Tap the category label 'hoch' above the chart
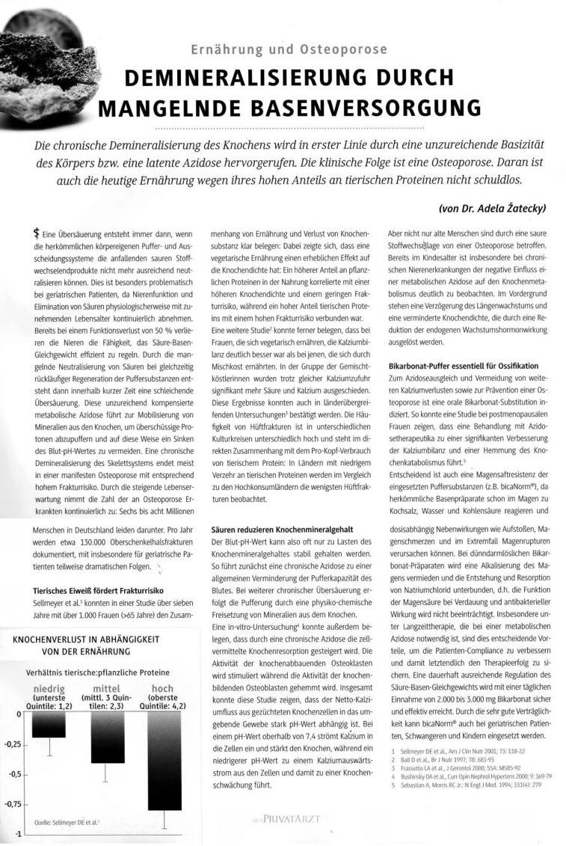click(x=162, y=688)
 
